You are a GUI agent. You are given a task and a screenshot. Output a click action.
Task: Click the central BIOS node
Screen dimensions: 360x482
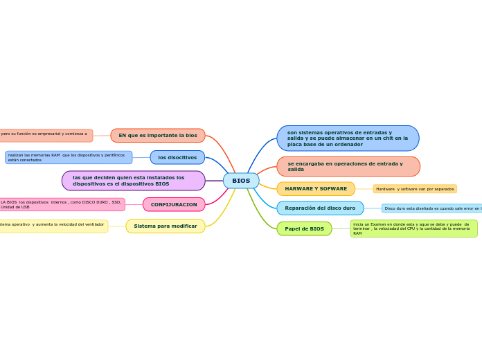tap(241, 181)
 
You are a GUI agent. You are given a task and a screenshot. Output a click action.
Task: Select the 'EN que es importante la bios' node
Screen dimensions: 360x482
tap(158, 136)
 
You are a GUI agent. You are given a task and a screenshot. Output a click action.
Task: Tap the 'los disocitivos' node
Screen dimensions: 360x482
tap(177, 157)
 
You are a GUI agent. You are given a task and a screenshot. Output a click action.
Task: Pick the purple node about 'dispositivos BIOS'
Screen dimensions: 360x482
tap(134, 181)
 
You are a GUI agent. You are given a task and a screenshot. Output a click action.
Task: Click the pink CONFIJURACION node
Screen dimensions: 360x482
tap(174, 204)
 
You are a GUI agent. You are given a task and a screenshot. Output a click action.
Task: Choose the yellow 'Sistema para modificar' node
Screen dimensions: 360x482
tap(166, 226)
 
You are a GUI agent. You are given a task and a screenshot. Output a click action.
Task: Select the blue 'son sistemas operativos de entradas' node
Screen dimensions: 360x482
tap(348, 138)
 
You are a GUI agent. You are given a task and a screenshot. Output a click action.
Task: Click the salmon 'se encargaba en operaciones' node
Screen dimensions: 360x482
tap(348, 166)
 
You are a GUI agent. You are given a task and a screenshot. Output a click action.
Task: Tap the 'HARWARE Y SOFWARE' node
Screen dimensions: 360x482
tap(316, 189)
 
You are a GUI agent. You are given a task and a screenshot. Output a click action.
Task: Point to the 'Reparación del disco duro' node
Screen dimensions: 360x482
tap(320, 208)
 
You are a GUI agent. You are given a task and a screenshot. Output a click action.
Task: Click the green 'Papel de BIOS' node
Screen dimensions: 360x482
tap(304, 228)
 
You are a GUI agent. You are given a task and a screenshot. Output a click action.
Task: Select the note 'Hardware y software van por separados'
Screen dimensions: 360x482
tap(415, 189)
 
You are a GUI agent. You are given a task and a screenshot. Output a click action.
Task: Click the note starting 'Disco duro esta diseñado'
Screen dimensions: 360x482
tap(431, 208)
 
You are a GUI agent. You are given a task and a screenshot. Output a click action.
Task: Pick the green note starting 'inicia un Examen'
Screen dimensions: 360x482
tap(413, 228)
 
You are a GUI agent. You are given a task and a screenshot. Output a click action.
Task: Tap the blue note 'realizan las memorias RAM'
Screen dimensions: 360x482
tap(69, 157)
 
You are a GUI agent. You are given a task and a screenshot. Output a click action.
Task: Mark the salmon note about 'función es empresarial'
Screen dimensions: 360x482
tap(45, 134)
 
